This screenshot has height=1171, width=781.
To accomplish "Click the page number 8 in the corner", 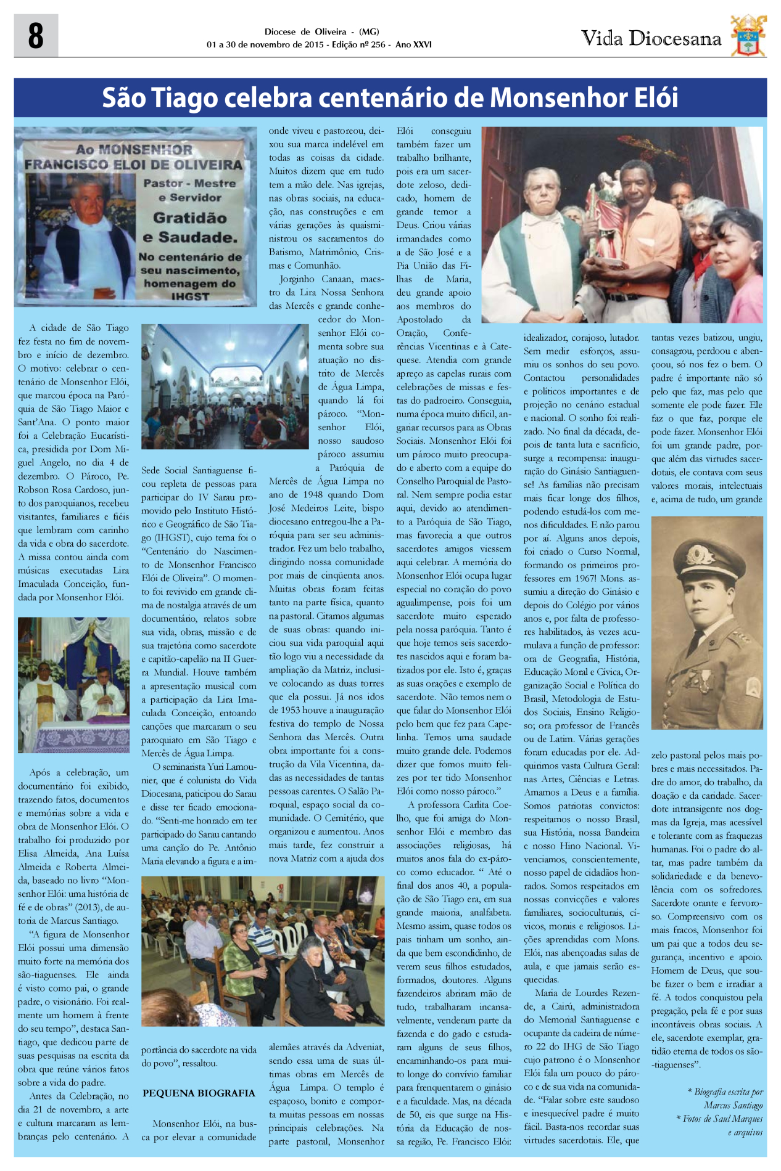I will coord(36,36).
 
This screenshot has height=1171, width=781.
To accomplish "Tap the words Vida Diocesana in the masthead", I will coord(651,39).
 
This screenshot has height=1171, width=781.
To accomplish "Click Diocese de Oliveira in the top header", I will coord(305,32).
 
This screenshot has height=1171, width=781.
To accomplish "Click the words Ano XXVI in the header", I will coord(414,45).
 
